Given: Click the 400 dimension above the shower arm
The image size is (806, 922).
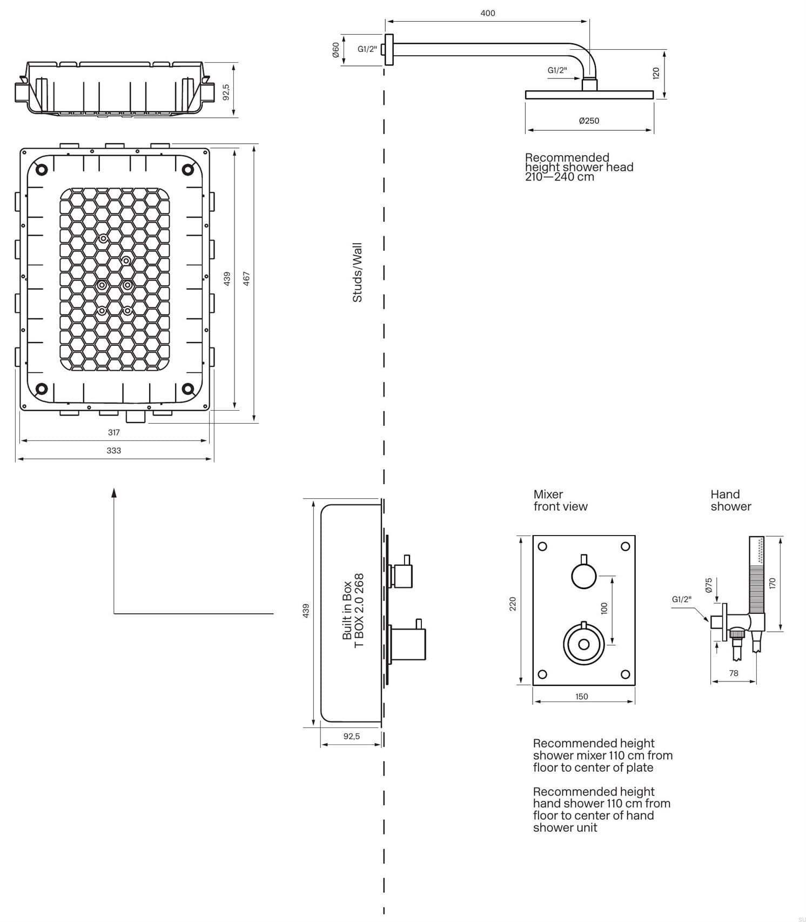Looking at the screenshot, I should [487, 14].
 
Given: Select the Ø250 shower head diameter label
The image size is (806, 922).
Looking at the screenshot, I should [589, 121].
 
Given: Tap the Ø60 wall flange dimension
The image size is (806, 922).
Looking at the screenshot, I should [335, 50].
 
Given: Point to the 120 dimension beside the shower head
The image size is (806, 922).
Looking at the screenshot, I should [656, 73].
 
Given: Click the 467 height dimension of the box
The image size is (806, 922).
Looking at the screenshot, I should [246, 279].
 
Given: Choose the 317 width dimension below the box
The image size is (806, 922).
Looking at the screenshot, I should [113, 432].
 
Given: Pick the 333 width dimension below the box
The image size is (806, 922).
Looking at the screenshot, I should [113, 451].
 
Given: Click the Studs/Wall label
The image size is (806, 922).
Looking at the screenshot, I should [357, 272].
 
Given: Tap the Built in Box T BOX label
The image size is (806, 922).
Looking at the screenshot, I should [353, 610].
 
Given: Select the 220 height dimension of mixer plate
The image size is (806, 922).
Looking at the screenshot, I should [513, 604].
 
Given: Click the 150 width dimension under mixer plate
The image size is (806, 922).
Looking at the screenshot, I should [581, 697].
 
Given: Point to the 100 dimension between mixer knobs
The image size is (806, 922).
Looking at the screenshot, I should [604, 608].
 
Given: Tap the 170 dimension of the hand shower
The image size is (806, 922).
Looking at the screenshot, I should [772, 583].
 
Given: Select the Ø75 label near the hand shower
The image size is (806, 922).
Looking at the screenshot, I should [709, 585].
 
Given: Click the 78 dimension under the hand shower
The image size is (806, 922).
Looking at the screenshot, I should [733, 673].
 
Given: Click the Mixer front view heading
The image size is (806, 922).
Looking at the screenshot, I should [560, 500].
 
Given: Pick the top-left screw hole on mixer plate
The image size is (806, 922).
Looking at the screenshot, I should [543, 546].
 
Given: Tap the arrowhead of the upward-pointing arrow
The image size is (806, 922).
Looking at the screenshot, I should [114, 491].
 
